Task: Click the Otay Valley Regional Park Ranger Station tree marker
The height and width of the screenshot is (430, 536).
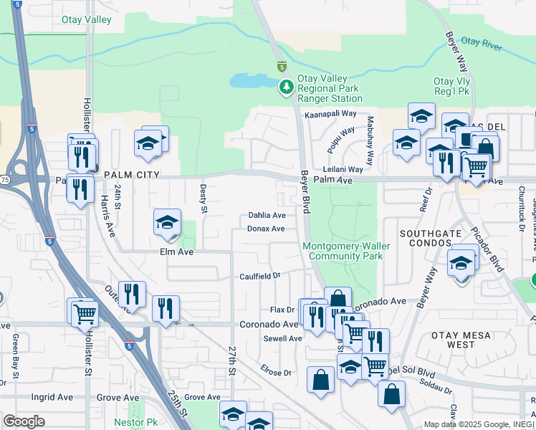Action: pyautogui.click(x=286, y=87)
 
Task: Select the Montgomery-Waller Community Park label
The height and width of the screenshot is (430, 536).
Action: pyautogui.click(x=343, y=251)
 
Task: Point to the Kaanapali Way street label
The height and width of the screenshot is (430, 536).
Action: pyautogui.click(x=330, y=114)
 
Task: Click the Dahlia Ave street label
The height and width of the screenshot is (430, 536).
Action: pyautogui.click(x=267, y=215)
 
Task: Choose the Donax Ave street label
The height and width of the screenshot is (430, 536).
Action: pyautogui.click(x=266, y=229)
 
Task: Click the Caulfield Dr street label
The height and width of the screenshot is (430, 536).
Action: pyautogui.click(x=259, y=276)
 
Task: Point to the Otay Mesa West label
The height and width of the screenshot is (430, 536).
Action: pyautogui.click(x=462, y=339)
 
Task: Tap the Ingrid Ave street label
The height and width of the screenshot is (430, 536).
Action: pyautogui.click(x=52, y=397)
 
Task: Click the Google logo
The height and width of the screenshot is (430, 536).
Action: pyautogui.click(x=24, y=421)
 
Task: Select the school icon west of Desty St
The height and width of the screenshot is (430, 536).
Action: pyautogui.click(x=166, y=222)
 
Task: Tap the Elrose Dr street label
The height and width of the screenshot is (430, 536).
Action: pyautogui.click(x=277, y=373)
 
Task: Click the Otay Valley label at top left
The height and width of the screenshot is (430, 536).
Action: pyautogui.click(x=87, y=20)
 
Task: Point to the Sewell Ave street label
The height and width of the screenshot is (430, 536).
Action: pyautogui.click(x=282, y=338)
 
